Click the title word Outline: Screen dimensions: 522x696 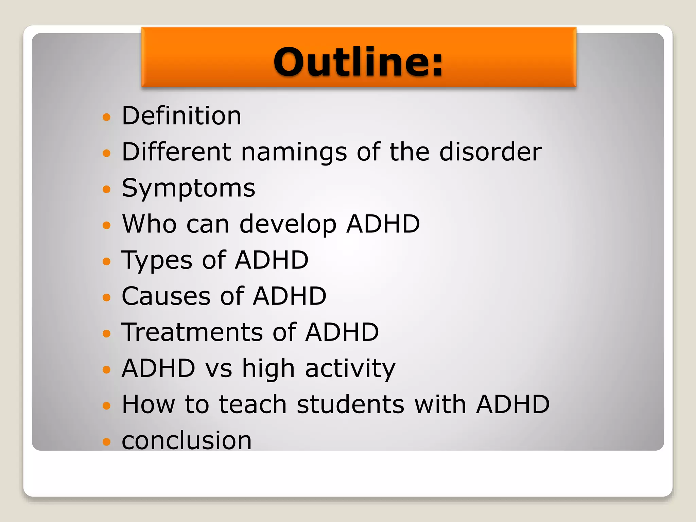[358, 62]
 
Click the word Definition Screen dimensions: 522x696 [181, 116]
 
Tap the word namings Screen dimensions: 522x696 [294, 152]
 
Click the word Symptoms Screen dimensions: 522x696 [188, 189]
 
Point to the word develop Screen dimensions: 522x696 [288, 225]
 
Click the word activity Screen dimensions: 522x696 [350, 369]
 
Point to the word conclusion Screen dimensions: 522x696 [187, 440]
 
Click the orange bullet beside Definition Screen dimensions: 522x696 [107, 117]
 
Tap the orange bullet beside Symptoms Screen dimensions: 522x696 [107, 189]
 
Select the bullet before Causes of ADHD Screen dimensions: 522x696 [107, 297]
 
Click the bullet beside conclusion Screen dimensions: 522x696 [107, 441]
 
